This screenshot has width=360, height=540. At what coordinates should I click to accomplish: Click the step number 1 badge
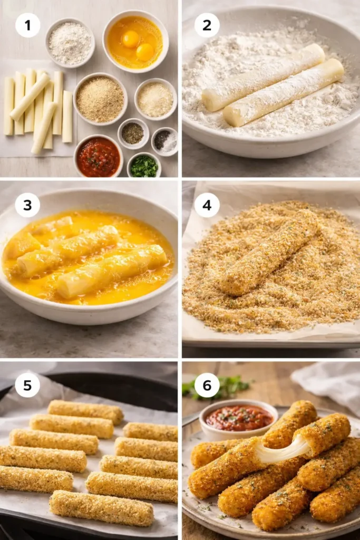pyautogui.click(x=27, y=25)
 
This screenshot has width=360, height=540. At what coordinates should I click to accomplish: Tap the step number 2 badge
pyautogui.click(x=207, y=25)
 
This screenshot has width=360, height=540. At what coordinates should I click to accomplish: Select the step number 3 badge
pyautogui.click(x=27, y=205)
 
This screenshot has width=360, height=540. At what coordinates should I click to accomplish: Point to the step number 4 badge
pyautogui.click(x=207, y=205)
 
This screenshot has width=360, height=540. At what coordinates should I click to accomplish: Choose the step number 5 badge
pyautogui.click(x=27, y=385)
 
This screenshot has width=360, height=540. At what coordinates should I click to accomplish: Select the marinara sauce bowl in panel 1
pyautogui.click(x=98, y=157)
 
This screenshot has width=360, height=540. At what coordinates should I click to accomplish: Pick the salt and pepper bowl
pyautogui.click(x=164, y=141)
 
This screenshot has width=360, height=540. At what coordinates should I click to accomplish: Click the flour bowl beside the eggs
pyautogui.click(x=70, y=42)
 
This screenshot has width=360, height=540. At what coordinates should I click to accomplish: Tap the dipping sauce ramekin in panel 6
pyautogui.click(x=238, y=419)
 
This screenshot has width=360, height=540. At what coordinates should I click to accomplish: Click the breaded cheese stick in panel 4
pyautogui.click(x=269, y=252)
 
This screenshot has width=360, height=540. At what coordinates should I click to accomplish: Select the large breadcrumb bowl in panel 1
pyautogui.click(x=100, y=99)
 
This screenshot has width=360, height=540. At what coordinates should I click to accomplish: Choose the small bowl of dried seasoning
pyautogui.click(x=133, y=133)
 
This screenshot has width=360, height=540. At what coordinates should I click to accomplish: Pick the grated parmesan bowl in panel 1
pyautogui.click(x=155, y=99)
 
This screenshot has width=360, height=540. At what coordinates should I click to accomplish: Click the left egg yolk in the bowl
pyautogui.click(x=130, y=38)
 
